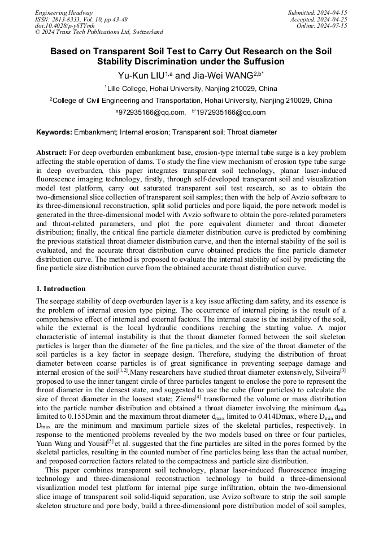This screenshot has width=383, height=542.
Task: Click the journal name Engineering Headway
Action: pyautogui.click(x=64, y=12)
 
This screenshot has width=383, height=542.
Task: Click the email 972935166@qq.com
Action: pyautogui.click(x=151, y=112)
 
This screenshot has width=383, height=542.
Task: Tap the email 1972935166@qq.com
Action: pyautogui.click(x=230, y=112)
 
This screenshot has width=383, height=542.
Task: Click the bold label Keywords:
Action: pyautogui.click(x=54, y=132)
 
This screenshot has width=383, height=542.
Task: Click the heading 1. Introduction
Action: pyautogui.click(x=61, y=289)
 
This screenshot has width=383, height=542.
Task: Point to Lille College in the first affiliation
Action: pyautogui.click(x=128, y=88)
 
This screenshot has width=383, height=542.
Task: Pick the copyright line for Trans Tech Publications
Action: pyautogui.click(x=99, y=33)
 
